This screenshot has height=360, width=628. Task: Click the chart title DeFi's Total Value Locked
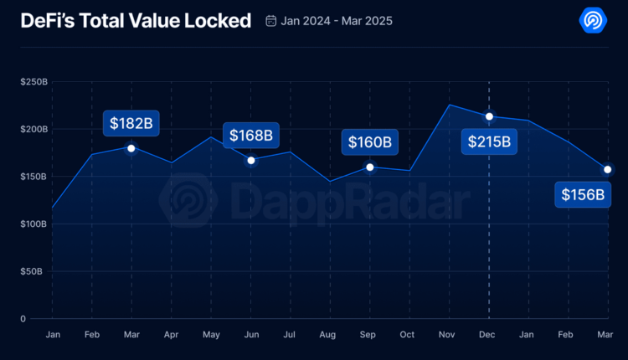[x=136, y=21]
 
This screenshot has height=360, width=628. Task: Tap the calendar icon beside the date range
[x=270, y=21]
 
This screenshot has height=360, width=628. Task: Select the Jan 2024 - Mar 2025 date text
[x=336, y=21]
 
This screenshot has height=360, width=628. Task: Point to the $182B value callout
[x=131, y=124]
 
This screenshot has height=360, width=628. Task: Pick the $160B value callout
[x=370, y=142]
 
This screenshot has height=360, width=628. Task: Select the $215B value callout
[x=489, y=141]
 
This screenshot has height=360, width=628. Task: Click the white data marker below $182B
[x=131, y=148]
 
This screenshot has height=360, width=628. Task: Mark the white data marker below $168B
[x=250, y=160]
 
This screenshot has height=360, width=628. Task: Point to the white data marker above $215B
[x=489, y=116]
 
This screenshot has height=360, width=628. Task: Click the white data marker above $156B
[x=607, y=170]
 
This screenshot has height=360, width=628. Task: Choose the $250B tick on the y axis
[x=34, y=81]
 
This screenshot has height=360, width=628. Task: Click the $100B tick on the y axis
[x=34, y=224]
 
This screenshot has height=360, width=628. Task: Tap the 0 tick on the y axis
[x=24, y=318]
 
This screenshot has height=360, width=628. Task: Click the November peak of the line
[x=450, y=105]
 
